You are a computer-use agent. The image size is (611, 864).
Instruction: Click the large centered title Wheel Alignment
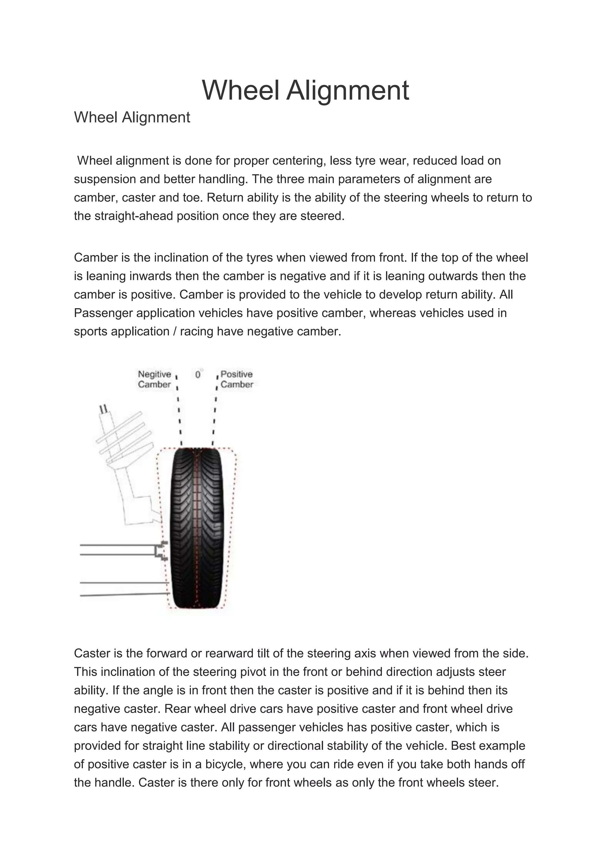[305, 90]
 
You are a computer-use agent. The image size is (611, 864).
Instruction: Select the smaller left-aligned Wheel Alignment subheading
[132, 118]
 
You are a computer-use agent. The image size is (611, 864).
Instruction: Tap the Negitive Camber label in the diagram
[154, 379]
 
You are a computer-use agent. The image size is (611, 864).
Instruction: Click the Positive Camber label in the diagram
[237, 379]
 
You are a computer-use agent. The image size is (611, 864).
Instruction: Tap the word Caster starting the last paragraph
[94, 653]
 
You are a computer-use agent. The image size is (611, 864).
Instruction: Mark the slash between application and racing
[175, 331]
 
